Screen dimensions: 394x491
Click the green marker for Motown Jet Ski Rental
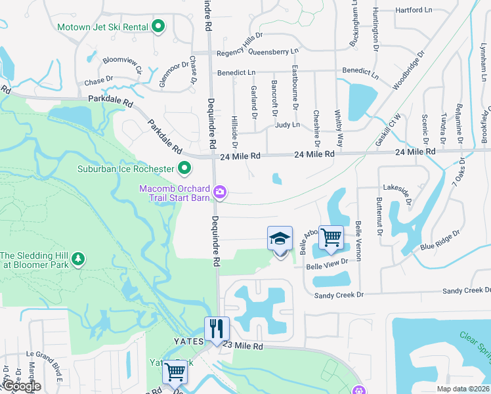[158, 27]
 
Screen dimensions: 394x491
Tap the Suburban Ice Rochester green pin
[184, 169]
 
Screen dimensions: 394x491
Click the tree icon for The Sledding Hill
[78, 259]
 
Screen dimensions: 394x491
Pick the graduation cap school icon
[280, 239]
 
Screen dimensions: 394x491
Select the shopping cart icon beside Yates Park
[175, 372]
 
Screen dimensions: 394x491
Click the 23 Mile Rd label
[243, 345]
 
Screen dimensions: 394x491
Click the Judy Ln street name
[288, 124]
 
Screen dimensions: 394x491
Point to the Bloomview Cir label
[121, 64]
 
